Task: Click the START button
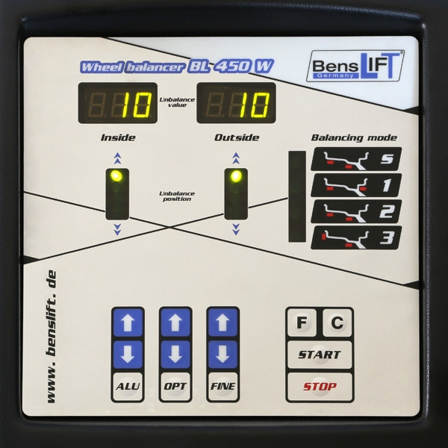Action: [x=320, y=355]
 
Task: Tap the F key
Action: [x=302, y=323]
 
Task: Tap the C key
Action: [x=337, y=323]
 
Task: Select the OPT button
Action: [x=175, y=386]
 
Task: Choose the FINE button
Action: [x=223, y=386]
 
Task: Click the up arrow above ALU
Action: [x=128, y=323]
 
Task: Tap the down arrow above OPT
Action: [x=175, y=355]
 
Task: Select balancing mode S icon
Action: [x=356, y=159]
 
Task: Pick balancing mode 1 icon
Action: [x=356, y=185]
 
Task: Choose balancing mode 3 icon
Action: [x=356, y=237]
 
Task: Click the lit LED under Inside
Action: [x=116, y=176]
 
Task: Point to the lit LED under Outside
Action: [x=236, y=176]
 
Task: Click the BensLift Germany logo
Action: [x=355, y=66]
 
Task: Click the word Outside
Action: [x=237, y=137]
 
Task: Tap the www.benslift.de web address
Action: [x=51, y=337]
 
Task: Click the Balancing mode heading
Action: [x=354, y=137]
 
